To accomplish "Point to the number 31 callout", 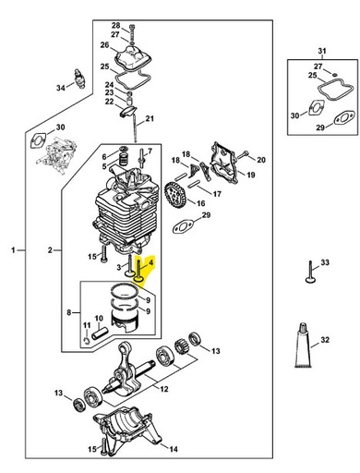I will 321,50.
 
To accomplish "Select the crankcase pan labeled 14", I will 129,431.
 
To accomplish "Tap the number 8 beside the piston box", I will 68,313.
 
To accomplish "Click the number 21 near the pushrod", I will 175,119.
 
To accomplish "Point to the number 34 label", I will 61,89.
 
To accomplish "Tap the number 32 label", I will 326,342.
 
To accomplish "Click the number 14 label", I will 173,450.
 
